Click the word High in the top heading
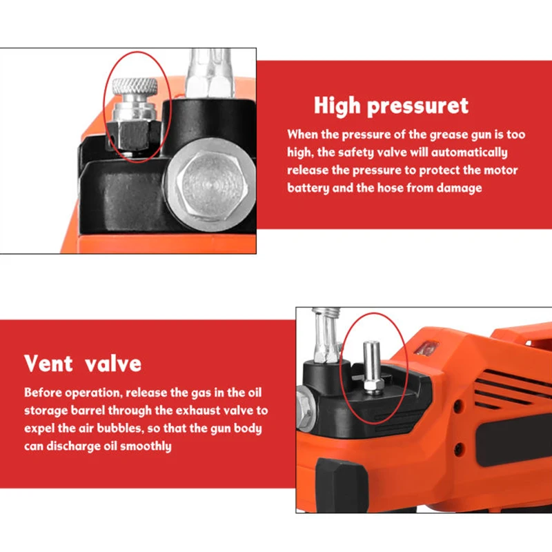coord(337,106)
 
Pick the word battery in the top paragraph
coord(308,188)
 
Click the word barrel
coord(101,411)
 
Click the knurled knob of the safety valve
coord(135,88)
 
